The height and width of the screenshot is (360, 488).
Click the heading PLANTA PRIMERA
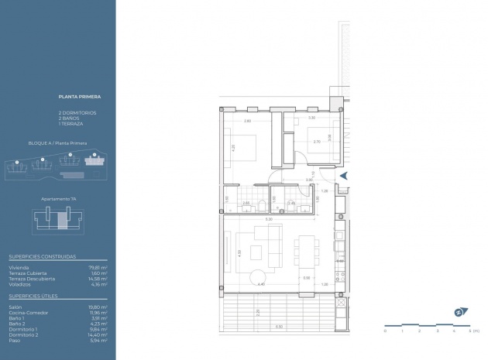[80, 98]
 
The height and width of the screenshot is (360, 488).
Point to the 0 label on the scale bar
[385, 331]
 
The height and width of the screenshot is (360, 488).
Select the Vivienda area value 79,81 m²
[98, 268]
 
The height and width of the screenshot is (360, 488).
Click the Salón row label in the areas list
[16, 307]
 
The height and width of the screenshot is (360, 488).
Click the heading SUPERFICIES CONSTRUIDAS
[43, 256]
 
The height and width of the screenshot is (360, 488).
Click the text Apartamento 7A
[58, 198]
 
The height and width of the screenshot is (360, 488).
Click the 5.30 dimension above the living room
[269, 220]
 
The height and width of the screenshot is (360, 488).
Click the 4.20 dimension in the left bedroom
[232, 147]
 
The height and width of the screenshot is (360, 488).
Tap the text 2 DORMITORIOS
[77, 113]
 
